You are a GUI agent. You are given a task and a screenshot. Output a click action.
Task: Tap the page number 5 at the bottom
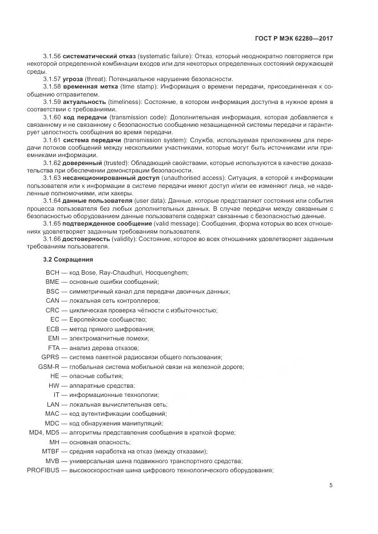(x=331, y=485)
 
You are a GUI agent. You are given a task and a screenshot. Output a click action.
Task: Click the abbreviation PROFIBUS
(x=46, y=470)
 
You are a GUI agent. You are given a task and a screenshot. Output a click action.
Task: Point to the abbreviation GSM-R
(x=49, y=366)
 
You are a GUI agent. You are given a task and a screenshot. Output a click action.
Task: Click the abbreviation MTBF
(x=51, y=451)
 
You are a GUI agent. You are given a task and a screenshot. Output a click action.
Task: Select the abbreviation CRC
(x=53, y=310)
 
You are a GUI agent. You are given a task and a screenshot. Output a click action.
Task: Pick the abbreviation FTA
(x=54, y=348)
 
